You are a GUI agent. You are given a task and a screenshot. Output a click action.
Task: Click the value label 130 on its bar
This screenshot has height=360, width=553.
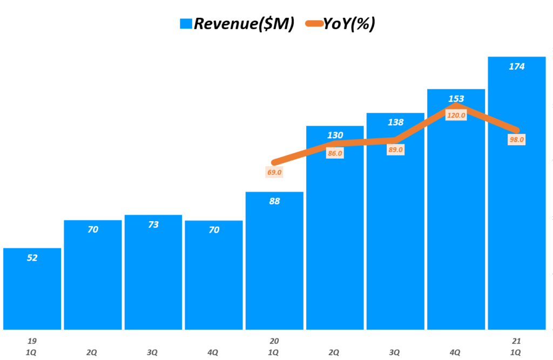click(335, 134)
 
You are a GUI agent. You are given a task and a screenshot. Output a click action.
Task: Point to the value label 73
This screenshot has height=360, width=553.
click(153, 224)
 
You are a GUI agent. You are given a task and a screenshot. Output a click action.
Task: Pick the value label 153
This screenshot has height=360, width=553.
click(456, 98)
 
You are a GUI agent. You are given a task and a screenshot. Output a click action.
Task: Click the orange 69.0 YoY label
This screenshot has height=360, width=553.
click(274, 173)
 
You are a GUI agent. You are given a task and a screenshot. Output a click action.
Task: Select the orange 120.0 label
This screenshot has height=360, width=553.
click(456, 115)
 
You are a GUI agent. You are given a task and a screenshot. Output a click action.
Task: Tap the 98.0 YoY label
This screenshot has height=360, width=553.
click(516, 139)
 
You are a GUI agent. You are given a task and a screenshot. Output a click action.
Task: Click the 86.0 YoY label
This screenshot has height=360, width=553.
click(335, 153)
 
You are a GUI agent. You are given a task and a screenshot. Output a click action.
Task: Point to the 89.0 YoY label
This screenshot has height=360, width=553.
click(395, 150)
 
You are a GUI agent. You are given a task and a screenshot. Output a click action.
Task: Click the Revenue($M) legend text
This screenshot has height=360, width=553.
click(244, 23)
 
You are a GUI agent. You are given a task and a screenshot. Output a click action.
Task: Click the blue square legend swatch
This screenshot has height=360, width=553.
click(186, 24)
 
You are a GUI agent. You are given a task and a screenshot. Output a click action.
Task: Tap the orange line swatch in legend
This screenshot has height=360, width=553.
click(314, 24)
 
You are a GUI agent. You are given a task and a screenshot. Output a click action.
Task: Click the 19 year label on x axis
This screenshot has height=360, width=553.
click(32, 341)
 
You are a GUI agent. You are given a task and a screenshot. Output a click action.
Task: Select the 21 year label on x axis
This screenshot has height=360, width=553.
click(516, 341)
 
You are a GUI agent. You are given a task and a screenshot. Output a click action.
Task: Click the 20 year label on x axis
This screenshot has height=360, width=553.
click(274, 341)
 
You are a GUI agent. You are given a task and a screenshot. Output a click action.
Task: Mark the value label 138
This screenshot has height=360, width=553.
click(395, 122)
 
